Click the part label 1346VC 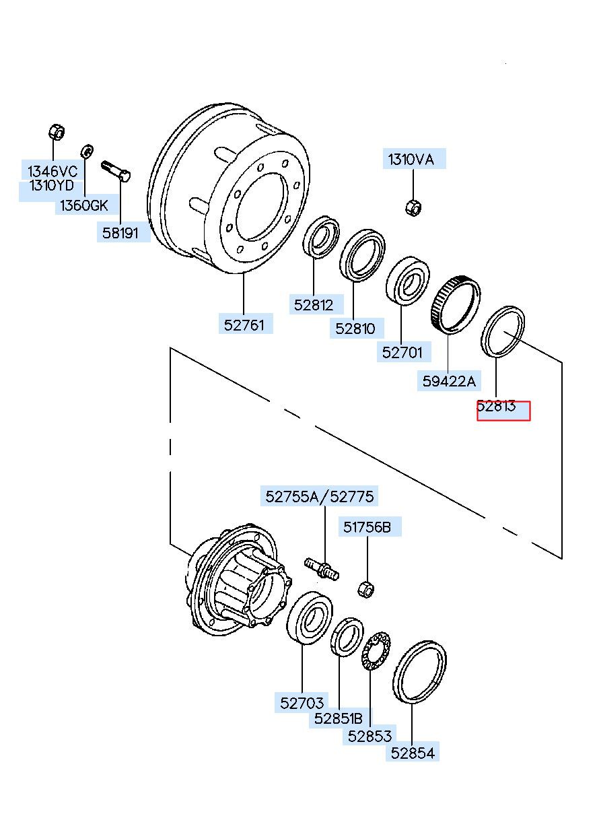pyautogui.click(x=52, y=170)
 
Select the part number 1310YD pyautogui.click(x=52, y=185)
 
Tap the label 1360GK pyautogui.click(x=84, y=205)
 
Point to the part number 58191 pyautogui.click(x=120, y=233)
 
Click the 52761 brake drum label pyautogui.click(x=244, y=325)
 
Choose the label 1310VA pyautogui.click(x=411, y=160)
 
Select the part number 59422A pyautogui.click(x=449, y=381)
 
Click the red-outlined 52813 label pyautogui.click(x=503, y=411)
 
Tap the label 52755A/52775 pyautogui.click(x=320, y=496)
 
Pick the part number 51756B pyautogui.click(x=367, y=526)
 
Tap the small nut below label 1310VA pyautogui.click(x=413, y=207)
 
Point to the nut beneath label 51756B pyautogui.click(x=366, y=589)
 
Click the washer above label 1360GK pyautogui.click(x=87, y=151)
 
